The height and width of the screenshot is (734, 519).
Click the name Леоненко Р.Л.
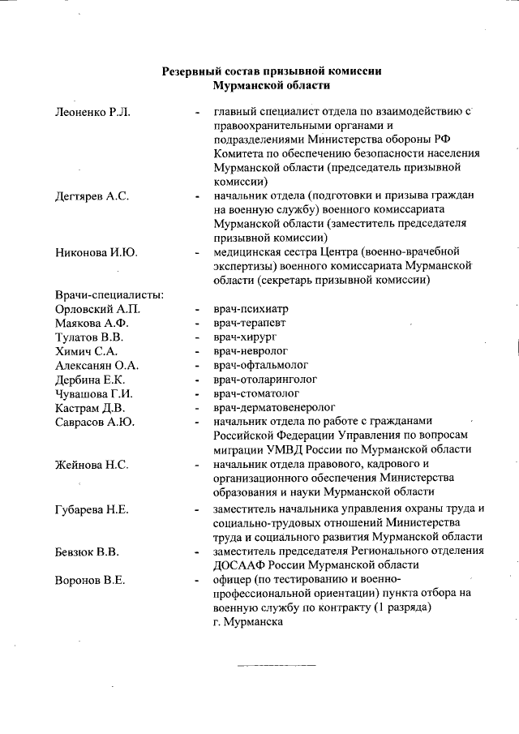tap(92, 112)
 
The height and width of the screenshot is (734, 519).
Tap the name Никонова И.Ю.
tap(96, 253)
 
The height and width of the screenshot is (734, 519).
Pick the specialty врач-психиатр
tap(251, 309)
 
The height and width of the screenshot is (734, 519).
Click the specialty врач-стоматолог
tap(259, 393)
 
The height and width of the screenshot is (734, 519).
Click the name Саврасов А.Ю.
tap(94, 422)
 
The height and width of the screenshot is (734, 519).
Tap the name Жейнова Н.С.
tap(92, 465)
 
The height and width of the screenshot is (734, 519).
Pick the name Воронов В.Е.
tap(89, 580)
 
